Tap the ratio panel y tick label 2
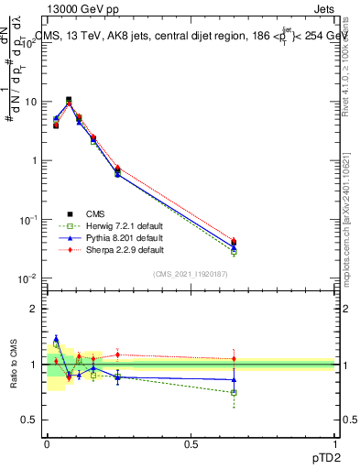[33, 309]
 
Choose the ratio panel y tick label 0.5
[29, 420]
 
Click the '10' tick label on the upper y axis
[30, 102]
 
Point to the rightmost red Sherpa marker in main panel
[234, 241]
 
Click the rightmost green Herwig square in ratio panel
[234, 392]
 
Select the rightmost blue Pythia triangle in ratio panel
[234, 379]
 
